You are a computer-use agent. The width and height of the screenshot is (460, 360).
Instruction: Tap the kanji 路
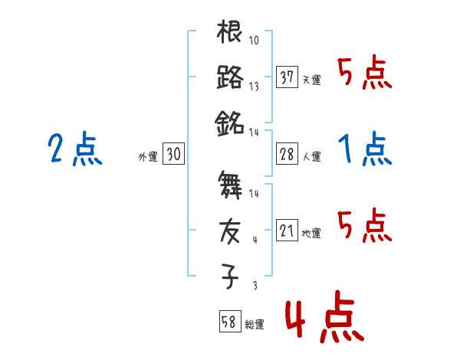pyautogui.click(x=230, y=77)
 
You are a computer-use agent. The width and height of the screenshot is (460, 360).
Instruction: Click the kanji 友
pyautogui.click(x=230, y=230)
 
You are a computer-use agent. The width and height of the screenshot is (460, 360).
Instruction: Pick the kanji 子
pyautogui.click(x=230, y=275)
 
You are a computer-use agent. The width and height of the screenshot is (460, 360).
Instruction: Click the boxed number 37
pyautogui.click(x=287, y=77)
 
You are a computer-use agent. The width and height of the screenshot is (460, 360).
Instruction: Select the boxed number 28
pyautogui.click(x=287, y=154)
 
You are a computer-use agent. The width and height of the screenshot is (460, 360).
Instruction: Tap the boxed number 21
pyautogui.click(x=287, y=231)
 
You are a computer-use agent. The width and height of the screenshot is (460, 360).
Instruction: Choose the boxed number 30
pyautogui.click(x=173, y=154)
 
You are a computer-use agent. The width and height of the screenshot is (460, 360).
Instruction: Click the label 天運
pyautogui.click(x=311, y=80)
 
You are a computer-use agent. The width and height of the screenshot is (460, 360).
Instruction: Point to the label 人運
pyautogui.click(x=311, y=156)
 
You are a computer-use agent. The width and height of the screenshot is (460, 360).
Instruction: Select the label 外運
pyautogui.click(x=147, y=156)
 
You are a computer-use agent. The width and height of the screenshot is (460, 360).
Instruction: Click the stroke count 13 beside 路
pyautogui.click(x=254, y=86)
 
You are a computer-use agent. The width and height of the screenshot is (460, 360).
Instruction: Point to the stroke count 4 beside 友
pyautogui.click(x=255, y=239)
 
